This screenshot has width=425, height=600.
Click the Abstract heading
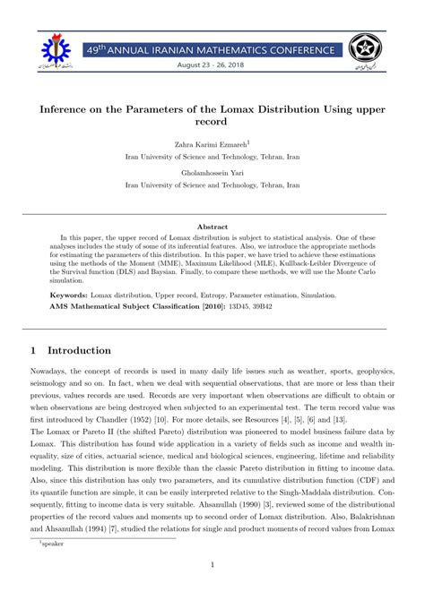pos(212,227)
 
